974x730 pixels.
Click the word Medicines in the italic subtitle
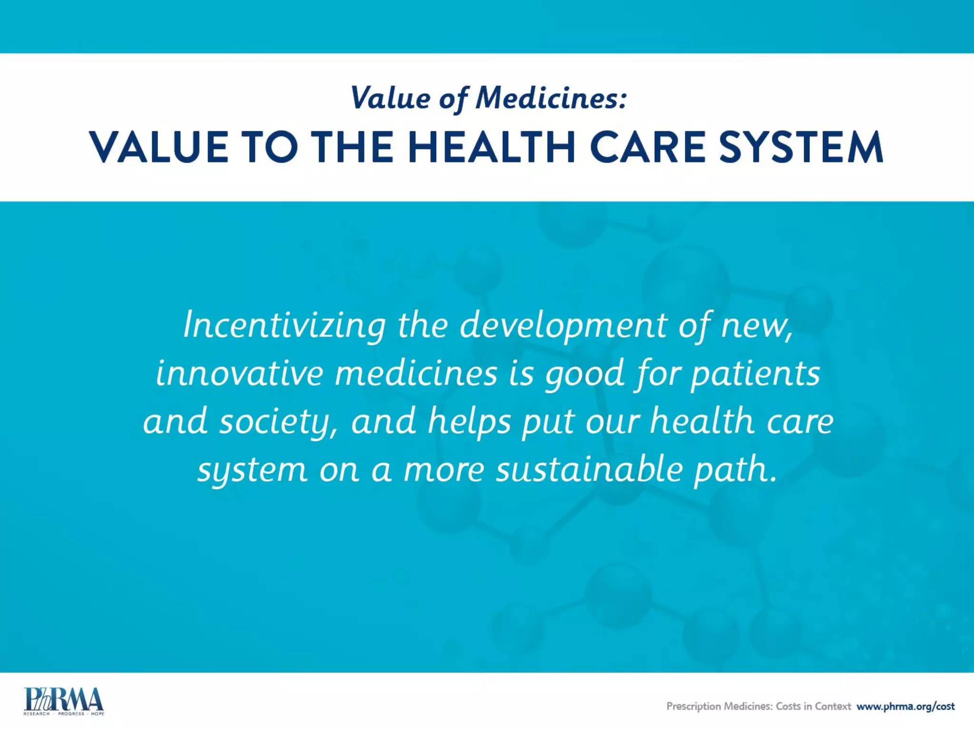552,98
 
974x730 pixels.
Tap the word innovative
239,374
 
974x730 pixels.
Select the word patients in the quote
755,374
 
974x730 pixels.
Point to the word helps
469,422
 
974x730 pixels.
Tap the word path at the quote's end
735,470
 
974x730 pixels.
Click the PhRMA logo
63,701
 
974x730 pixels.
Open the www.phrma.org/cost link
906,706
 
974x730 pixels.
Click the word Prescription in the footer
693,706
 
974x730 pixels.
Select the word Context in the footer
832,706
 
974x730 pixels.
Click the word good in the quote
584,374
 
